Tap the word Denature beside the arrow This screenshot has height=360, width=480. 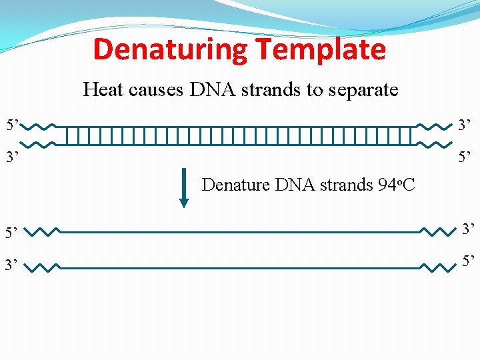(236, 184)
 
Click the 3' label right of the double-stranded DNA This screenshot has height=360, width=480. (465, 125)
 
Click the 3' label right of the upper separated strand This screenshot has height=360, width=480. (467, 230)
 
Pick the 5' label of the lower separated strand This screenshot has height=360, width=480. (467, 262)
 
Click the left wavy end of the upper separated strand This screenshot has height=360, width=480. (45, 233)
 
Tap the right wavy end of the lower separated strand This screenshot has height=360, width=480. (436, 267)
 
